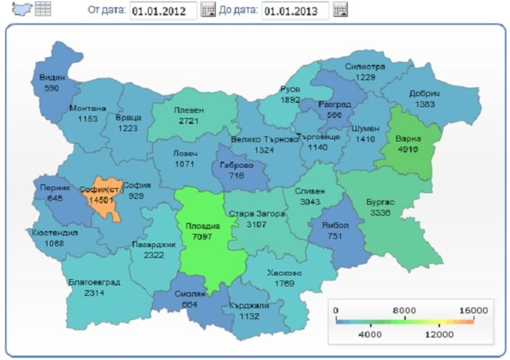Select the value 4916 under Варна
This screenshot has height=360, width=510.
point(409,150)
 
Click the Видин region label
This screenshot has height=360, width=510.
point(52,78)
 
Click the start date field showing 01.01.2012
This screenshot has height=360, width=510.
point(163,10)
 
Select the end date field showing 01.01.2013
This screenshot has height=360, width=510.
point(294,10)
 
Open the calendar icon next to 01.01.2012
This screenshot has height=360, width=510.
point(208,10)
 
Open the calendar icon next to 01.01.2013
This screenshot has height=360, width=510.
point(340,10)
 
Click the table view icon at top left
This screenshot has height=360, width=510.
point(44,9)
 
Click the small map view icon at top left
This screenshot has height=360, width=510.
point(24,9)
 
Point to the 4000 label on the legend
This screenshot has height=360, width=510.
point(370,334)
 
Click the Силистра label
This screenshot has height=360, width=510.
point(365,67)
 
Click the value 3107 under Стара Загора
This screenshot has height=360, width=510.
point(256,224)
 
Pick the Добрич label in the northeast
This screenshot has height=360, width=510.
point(424,93)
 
